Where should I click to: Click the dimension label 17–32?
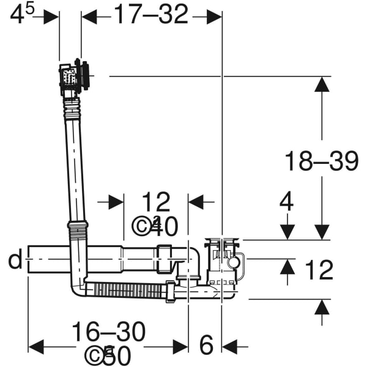point(150,15)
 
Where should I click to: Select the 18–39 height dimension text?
point(321,161)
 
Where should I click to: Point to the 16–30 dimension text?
point(108,332)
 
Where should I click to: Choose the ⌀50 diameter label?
point(108,355)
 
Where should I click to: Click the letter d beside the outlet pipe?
point(15,260)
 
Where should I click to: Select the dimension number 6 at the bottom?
point(207,346)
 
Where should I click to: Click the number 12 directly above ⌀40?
point(156,202)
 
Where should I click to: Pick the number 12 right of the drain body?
point(318,270)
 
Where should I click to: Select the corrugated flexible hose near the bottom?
point(125,290)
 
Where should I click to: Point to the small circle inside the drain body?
point(234,263)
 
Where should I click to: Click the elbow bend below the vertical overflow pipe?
point(78,286)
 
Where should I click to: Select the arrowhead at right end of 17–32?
point(214,17)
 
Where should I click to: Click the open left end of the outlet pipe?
point(29,260)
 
